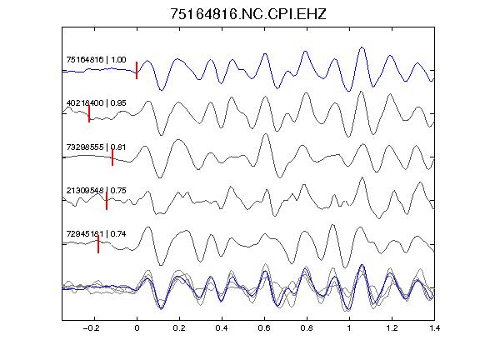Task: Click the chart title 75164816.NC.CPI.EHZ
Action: tap(248, 14)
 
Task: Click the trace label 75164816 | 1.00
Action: tap(96, 59)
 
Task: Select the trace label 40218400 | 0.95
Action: tap(96, 102)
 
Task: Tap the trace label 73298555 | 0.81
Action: tap(96, 147)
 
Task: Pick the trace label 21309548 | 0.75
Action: tap(96, 190)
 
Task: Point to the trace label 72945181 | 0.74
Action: tap(96, 234)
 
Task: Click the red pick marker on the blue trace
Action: tap(137, 70)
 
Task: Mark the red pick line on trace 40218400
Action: tap(89, 113)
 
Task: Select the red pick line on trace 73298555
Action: tap(112, 157)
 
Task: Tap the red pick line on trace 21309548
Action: tap(107, 201)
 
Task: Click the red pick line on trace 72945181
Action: tap(98, 244)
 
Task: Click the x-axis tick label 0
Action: tap(137, 328)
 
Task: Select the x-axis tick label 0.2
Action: tap(179, 328)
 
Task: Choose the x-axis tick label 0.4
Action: tap(222, 328)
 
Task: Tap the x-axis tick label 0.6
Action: tap(264, 328)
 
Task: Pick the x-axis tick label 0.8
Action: tap(307, 328)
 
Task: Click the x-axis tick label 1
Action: tap(349, 328)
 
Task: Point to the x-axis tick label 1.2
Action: tap(392, 328)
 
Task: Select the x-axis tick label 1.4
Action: tap(434, 328)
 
